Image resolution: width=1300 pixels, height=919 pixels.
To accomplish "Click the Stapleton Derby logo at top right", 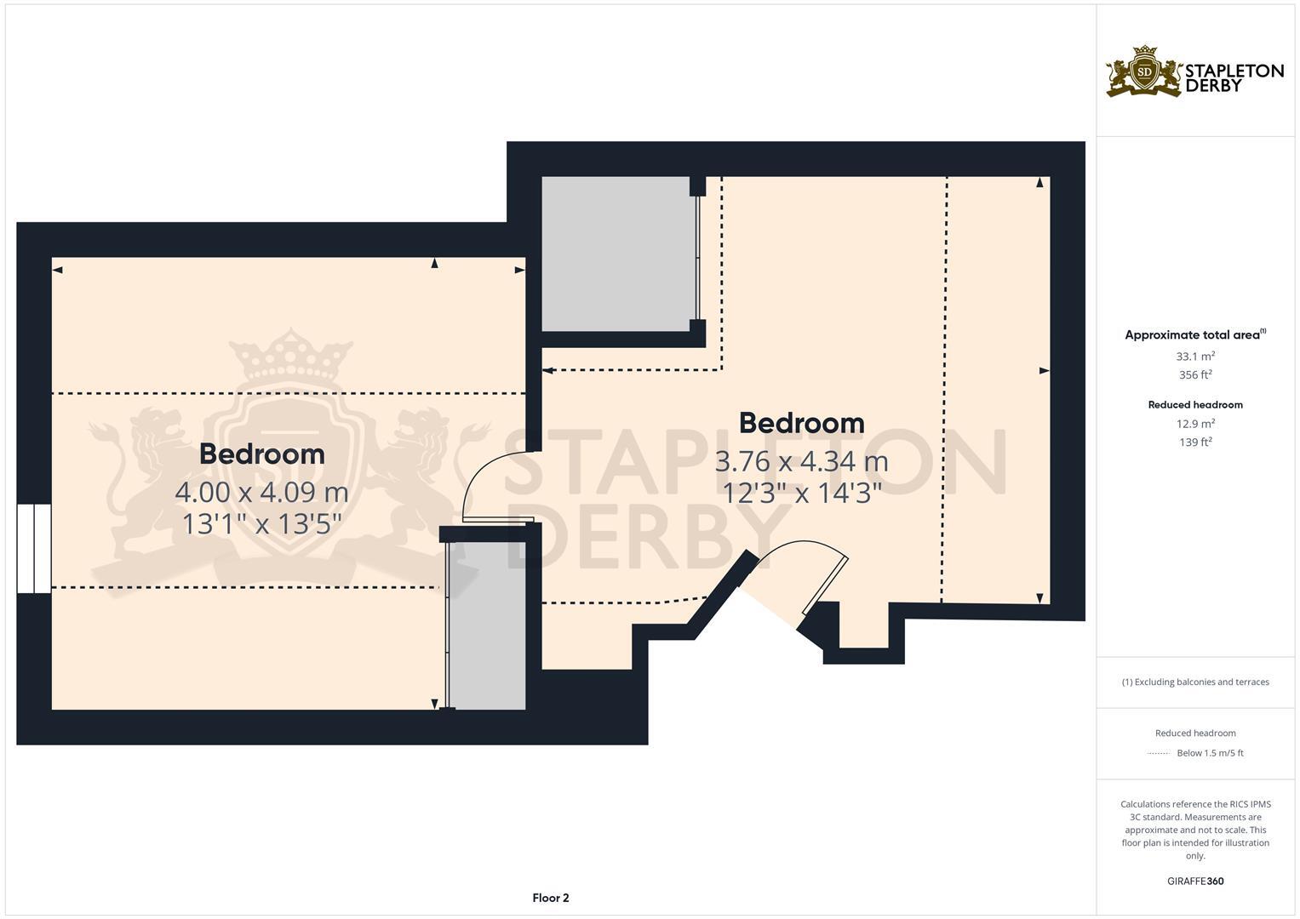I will pyautogui.click(x=1194, y=71).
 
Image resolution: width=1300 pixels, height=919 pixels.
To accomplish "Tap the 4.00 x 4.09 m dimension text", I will pyautogui.click(x=261, y=492).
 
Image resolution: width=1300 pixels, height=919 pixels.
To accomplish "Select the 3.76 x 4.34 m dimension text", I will pyautogui.click(x=801, y=461).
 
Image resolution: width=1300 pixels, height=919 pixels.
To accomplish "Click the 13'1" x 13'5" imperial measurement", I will pyautogui.click(x=261, y=523).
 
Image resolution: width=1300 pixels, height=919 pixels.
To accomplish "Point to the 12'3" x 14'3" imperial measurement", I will pyautogui.click(x=801, y=492).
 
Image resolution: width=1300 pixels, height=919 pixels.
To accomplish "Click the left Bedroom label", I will pyautogui.click(x=261, y=454).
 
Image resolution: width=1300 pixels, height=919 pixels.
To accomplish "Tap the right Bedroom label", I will pyautogui.click(x=801, y=423).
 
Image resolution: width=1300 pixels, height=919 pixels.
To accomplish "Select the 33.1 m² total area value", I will pyautogui.click(x=1195, y=357).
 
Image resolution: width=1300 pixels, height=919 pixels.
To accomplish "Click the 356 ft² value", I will pyautogui.click(x=1195, y=375).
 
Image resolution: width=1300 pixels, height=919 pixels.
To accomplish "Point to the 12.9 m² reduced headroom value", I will pyautogui.click(x=1195, y=424).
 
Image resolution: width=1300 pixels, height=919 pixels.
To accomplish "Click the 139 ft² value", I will pyautogui.click(x=1195, y=442).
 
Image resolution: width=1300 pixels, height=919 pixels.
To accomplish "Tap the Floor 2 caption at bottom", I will pyautogui.click(x=550, y=898).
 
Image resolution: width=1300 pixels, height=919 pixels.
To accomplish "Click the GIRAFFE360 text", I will pyautogui.click(x=1195, y=882).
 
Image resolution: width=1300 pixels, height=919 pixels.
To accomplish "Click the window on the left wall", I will pyautogui.click(x=34, y=548).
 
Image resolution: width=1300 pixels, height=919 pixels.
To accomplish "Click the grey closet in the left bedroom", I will pyautogui.click(x=487, y=625).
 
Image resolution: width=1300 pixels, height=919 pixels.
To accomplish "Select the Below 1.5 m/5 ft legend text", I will pyautogui.click(x=1210, y=753).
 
